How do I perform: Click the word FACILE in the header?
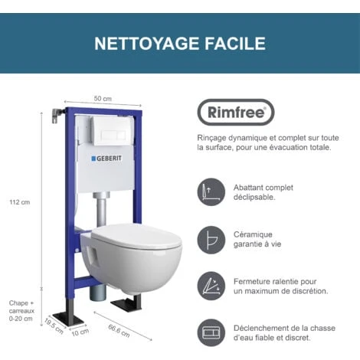pos(234,44)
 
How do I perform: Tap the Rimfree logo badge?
pos(236,113)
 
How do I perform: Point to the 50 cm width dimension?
pos(103,98)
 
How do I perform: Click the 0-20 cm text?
pos(21,318)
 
